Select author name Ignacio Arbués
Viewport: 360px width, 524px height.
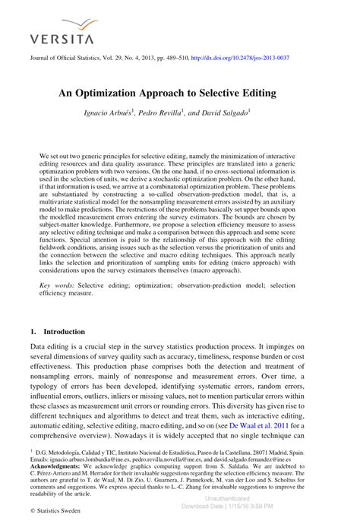(109, 112)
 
